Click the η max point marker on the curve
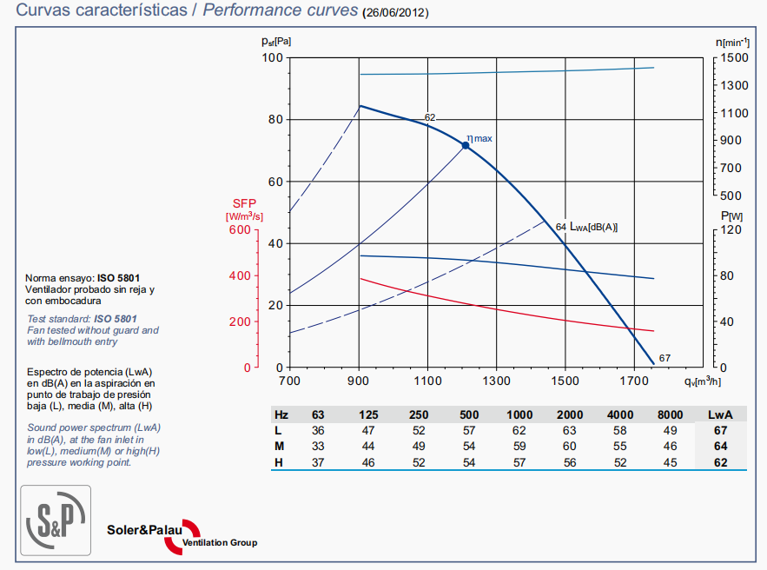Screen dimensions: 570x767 [x=466, y=146]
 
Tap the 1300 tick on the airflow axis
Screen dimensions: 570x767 [x=496, y=381]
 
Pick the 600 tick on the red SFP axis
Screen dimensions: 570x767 [x=238, y=230]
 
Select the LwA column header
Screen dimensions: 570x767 [x=721, y=415]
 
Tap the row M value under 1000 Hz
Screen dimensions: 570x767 [x=520, y=446]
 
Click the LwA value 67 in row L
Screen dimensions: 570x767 [x=721, y=431]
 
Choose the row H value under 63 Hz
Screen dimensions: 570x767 [x=318, y=461]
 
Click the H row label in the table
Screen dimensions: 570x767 [x=279, y=461]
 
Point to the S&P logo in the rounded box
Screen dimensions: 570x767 [x=56, y=520]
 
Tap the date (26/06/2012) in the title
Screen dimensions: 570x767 [x=395, y=13]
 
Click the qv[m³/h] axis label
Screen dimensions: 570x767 [x=704, y=381]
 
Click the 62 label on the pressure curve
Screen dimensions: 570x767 [x=430, y=117]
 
